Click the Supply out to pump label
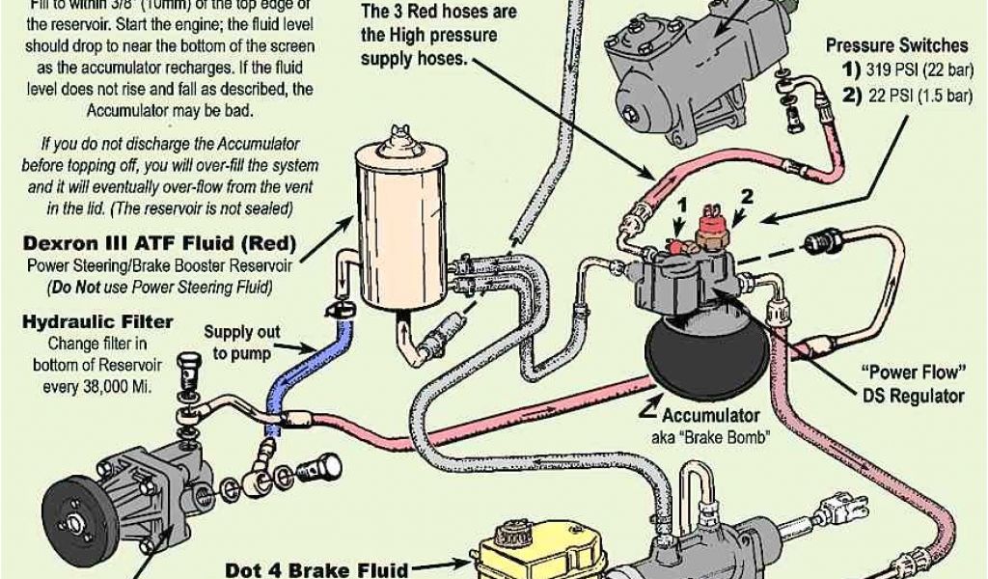pos(241,342)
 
